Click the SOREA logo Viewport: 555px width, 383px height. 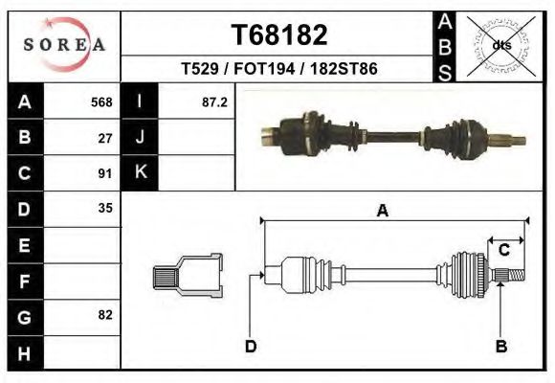(64, 45)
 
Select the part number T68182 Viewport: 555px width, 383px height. (279, 35)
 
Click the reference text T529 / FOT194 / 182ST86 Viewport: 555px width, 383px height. (279, 69)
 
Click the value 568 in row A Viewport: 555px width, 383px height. (101, 102)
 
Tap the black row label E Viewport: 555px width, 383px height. (24, 245)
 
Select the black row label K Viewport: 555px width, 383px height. (141, 173)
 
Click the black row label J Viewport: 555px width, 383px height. (141, 138)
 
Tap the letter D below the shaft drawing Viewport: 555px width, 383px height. (251, 346)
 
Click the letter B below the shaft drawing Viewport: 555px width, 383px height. (500, 346)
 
